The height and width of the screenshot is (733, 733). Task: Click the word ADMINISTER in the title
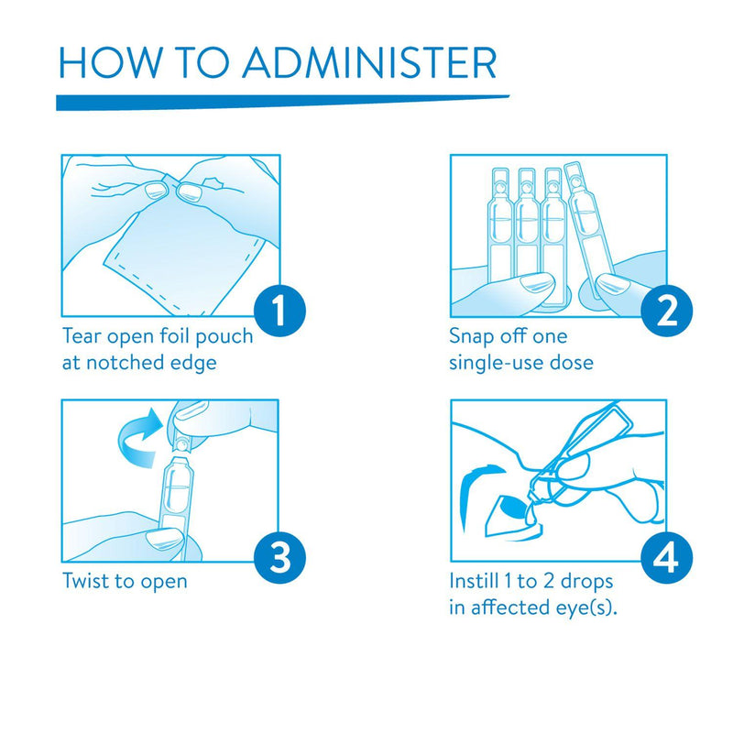(369, 62)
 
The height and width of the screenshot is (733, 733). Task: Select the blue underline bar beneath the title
(282, 103)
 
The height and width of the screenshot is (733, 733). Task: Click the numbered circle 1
(279, 311)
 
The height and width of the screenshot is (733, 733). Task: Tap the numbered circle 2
(667, 311)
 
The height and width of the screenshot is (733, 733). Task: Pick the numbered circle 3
(279, 556)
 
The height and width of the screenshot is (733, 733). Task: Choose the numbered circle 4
(667, 556)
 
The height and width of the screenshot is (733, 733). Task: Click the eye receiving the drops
(509, 514)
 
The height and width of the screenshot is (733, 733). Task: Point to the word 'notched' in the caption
(125, 362)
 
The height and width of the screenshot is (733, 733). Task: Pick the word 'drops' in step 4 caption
(586, 583)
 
